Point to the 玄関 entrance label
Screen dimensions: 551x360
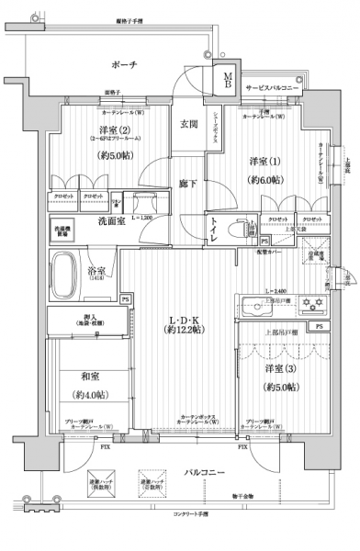click(x=188, y=124)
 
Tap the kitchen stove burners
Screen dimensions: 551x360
click(x=312, y=305)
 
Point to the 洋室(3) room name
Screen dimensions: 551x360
click(x=276, y=369)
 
